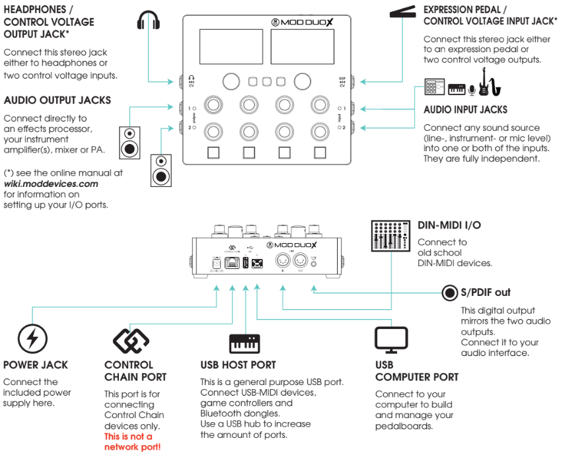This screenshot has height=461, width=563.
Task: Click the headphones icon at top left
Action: point(149,20)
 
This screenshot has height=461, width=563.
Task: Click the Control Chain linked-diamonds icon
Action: point(127,339)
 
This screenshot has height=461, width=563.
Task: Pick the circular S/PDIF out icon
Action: point(451,292)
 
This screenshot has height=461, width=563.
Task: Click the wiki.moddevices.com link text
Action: point(51,184)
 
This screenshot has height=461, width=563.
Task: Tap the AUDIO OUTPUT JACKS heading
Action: point(57,100)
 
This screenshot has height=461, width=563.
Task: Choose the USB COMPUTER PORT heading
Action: point(416,371)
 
